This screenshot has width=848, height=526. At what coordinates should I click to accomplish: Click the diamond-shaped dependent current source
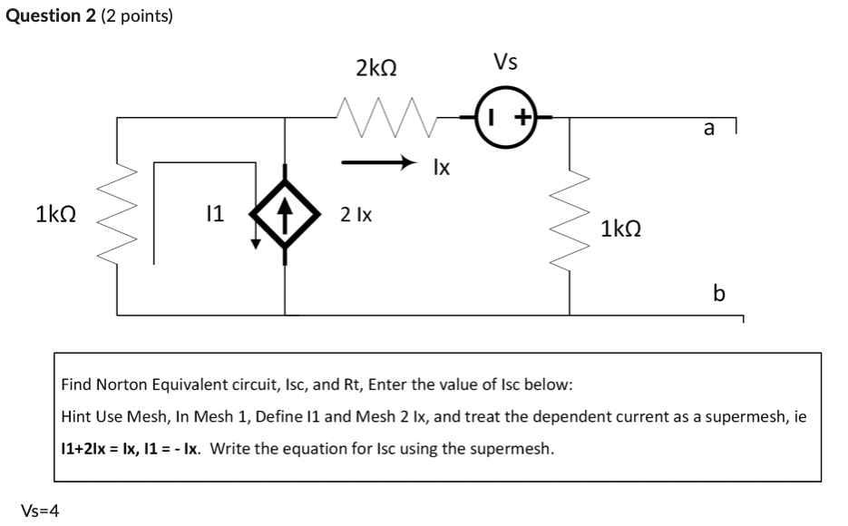(286, 215)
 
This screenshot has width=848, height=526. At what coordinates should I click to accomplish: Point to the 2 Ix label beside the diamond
(356, 215)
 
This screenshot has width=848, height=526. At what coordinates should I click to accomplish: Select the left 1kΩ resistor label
(55, 215)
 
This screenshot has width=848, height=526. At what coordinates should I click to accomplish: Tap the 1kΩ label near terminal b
(622, 229)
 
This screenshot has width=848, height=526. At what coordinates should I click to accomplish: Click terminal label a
(708, 129)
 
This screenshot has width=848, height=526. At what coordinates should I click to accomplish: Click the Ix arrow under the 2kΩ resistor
(377, 164)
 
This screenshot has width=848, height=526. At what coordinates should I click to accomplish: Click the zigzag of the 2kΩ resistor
(375, 116)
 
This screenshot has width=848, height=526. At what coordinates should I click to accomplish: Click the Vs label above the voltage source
(505, 62)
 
